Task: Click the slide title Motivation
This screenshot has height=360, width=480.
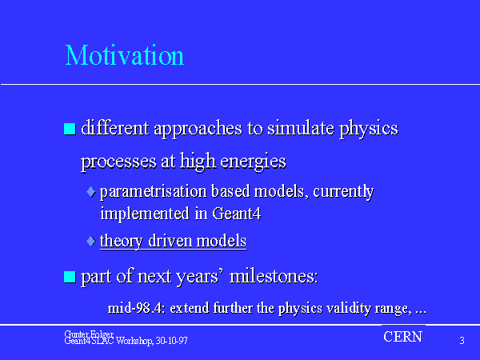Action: pyautogui.click(x=125, y=55)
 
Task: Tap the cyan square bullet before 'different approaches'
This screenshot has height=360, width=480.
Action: pyautogui.click(x=70, y=129)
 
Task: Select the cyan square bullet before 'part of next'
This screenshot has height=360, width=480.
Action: pyautogui.click(x=70, y=277)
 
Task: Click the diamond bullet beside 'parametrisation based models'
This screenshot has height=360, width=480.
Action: pyautogui.click(x=91, y=192)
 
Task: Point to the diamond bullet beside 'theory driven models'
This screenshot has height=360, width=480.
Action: pyautogui.click(x=91, y=241)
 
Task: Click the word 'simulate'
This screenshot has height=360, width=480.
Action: pyautogui.click(x=301, y=128)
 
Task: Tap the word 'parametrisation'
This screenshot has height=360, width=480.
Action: pyautogui.click(x=154, y=192)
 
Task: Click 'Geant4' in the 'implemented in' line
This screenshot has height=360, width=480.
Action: pyautogui.click(x=236, y=214)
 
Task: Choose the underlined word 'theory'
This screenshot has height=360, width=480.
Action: pyautogui.click(x=122, y=242)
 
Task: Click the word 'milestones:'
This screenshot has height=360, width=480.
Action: pyautogui.click(x=274, y=276)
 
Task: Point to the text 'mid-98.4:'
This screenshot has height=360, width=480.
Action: pyautogui.click(x=137, y=308)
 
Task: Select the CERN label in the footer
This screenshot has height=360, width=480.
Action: pyautogui.click(x=403, y=337)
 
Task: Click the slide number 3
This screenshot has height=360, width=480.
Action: pyautogui.click(x=462, y=341)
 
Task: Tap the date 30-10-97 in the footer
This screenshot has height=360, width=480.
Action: pyautogui.click(x=171, y=341)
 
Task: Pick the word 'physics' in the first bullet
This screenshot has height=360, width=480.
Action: pyautogui.click(x=369, y=129)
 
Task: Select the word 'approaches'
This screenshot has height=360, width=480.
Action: pyautogui.click(x=198, y=129)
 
